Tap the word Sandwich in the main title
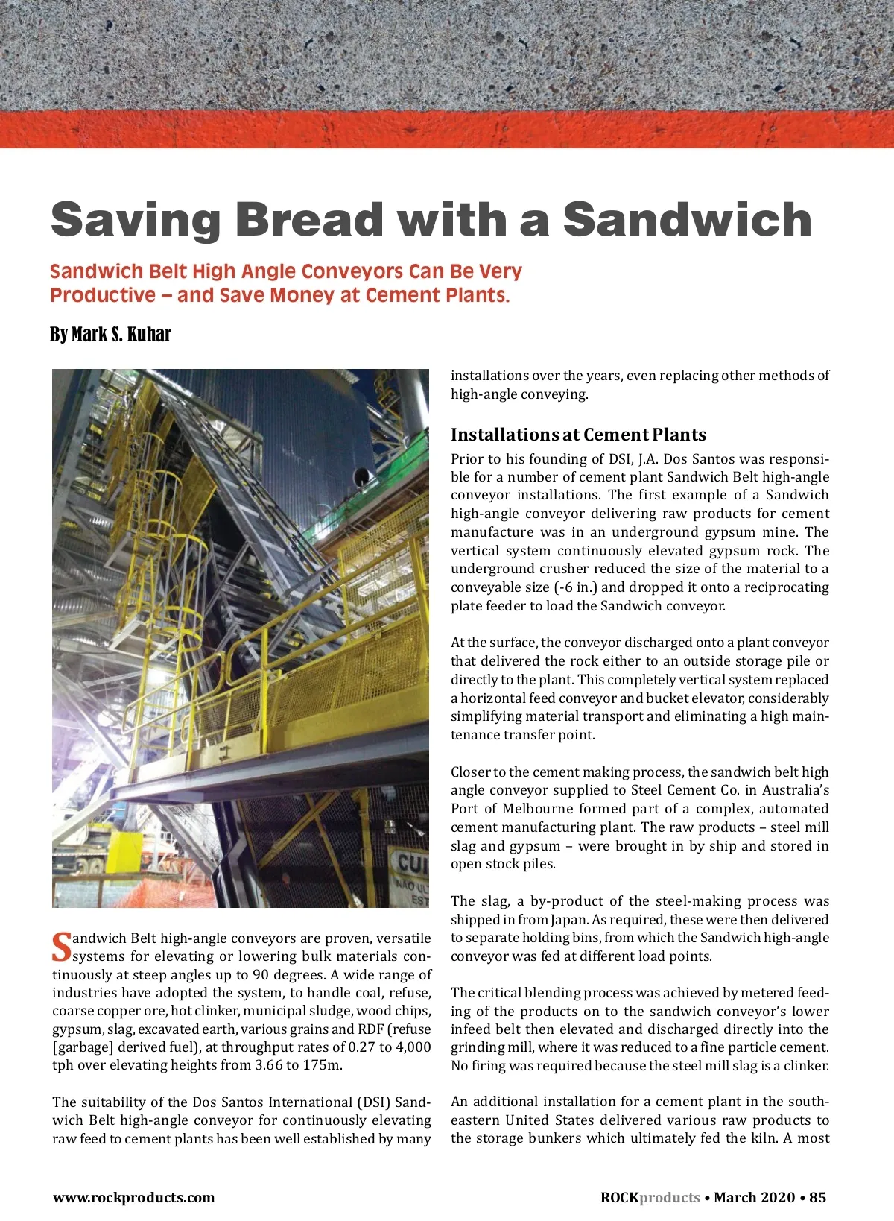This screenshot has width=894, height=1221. click(687, 220)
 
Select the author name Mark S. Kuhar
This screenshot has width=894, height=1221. click(121, 335)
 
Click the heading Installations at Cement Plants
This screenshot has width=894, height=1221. click(578, 435)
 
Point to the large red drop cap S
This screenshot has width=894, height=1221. click(61, 947)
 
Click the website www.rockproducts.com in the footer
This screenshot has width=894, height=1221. click(133, 1198)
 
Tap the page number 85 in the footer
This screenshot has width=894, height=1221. click(817, 1197)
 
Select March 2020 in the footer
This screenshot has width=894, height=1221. click(754, 1197)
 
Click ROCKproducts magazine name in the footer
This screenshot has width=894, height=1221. click(650, 1197)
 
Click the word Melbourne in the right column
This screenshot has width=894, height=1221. click(543, 809)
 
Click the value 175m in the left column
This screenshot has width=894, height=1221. click(322, 1065)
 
